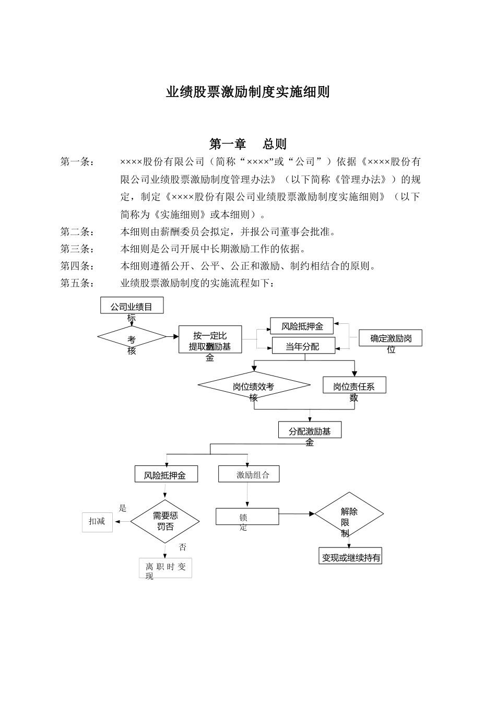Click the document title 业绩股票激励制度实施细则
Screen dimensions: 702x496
tap(247, 92)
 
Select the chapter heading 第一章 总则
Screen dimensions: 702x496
tap(247, 144)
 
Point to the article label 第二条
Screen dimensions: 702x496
tap(77, 231)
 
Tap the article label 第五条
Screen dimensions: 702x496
tap(77, 283)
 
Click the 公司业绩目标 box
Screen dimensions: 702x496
tap(132, 306)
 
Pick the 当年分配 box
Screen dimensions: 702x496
tap(303, 346)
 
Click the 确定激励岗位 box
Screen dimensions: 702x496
tap(390, 338)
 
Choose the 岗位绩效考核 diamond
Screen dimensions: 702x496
tap(254, 387)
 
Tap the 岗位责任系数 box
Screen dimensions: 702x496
tap(354, 386)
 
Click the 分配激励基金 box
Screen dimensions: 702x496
tap(310, 430)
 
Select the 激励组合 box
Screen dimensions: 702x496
tap(249, 474)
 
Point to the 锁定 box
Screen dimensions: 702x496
tap(247, 517)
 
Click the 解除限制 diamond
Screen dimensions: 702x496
tap(349, 514)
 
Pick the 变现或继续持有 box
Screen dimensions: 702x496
tap(351, 557)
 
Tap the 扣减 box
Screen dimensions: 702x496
tap(97, 521)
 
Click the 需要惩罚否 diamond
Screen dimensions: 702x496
tap(165, 521)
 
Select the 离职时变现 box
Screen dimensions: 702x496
tap(165, 568)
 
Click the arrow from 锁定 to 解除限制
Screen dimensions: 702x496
tap(296, 514)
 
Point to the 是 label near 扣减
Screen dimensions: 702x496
tap(123, 508)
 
